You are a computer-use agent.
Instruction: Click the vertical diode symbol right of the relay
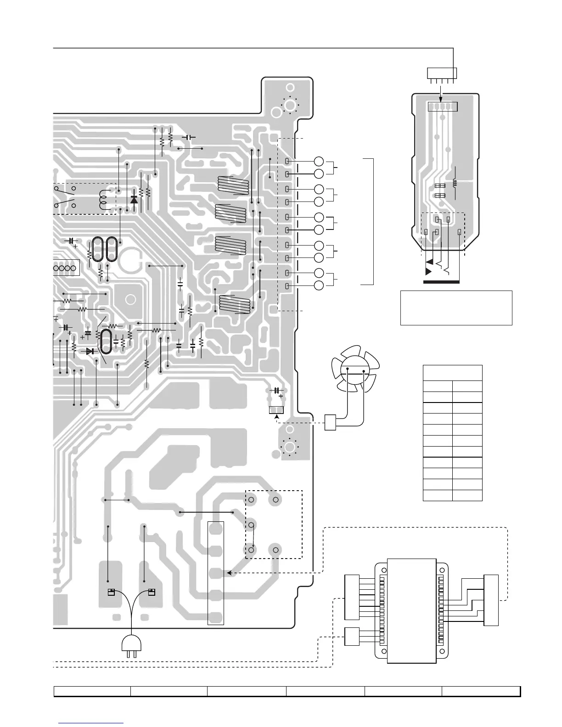(x=134, y=200)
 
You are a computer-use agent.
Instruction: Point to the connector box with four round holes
(x=67, y=268)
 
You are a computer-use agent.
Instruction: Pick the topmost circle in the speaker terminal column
(x=319, y=161)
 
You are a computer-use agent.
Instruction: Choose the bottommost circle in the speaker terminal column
(x=319, y=286)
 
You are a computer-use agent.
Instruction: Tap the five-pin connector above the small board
(x=441, y=73)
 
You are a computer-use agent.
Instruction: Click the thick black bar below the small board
(x=441, y=281)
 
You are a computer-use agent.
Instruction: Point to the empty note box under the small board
(x=456, y=308)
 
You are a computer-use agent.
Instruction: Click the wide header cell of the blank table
(x=452, y=373)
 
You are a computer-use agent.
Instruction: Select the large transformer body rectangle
(x=412, y=610)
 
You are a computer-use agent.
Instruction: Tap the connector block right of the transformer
(x=491, y=600)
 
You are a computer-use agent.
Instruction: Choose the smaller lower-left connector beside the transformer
(x=352, y=636)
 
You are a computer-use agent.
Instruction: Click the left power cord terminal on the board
(x=110, y=593)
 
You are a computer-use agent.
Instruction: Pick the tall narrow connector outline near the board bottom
(x=216, y=573)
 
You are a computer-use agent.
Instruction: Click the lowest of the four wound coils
(x=235, y=303)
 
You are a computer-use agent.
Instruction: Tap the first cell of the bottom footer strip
(x=92, y=691)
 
